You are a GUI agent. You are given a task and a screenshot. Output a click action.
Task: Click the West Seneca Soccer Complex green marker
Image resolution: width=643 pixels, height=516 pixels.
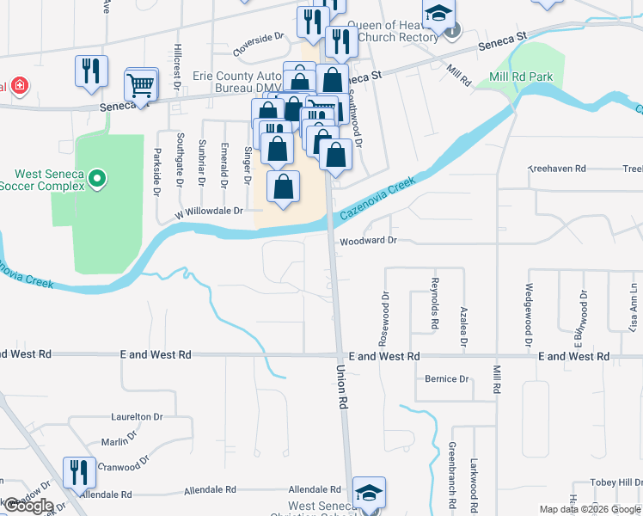click(x=97, y=179)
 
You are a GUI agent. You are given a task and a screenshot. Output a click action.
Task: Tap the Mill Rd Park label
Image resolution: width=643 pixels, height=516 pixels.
click(x=522, y=77)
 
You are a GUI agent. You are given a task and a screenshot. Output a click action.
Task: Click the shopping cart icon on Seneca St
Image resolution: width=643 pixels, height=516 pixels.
click(x=140, y=85)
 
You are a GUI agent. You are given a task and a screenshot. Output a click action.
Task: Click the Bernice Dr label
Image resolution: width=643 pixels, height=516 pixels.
click(x=446, y=378)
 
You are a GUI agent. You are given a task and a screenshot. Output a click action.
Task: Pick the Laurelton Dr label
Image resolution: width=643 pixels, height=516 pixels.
click(x=137, y=416)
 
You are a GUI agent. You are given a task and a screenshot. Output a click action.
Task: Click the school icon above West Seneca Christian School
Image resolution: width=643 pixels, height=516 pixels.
click(x=368, y=493)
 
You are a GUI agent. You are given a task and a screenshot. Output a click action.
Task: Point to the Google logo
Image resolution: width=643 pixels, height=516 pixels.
click(x=28, y=506)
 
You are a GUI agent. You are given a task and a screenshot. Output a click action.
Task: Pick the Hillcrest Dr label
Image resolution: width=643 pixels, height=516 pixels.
click(x=177, y=63)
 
